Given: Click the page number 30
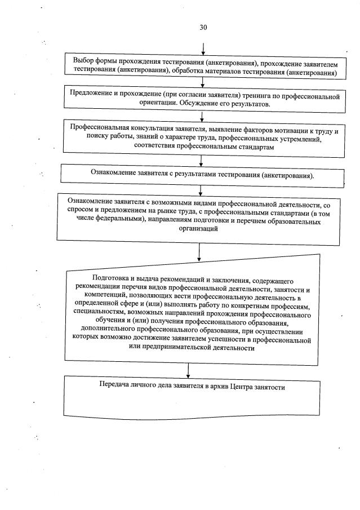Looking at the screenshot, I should pyautogui.click(x=203, y=26).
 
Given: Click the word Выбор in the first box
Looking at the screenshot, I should pyautogui.click(x=85, y=61).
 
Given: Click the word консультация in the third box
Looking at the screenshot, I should pyautogui.click(x=144, y=127).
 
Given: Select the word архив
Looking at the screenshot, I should pyautogui.click(x=221, y=388).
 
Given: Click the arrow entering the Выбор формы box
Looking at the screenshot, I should pyautogui.click(x=203, y=46).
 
